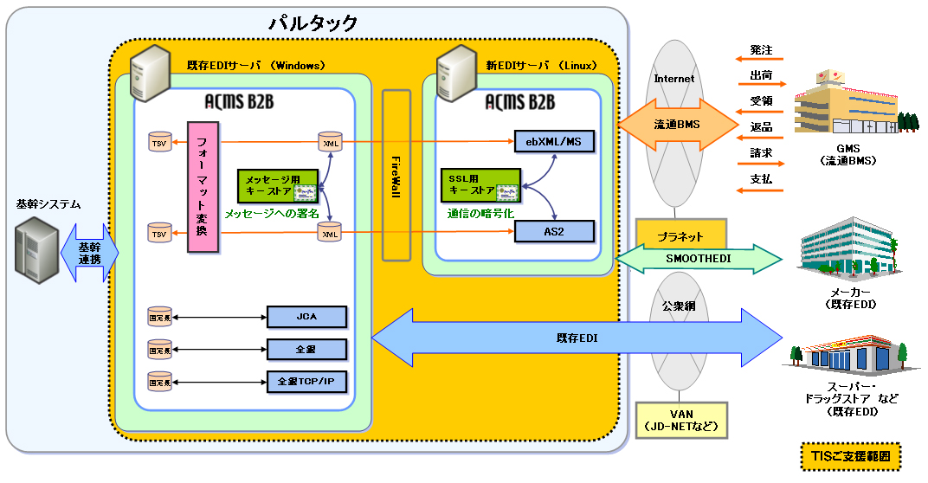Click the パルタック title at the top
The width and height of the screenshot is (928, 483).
[313, 23]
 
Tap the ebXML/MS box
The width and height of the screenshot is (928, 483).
[554, 142]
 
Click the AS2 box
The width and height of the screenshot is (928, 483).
[554, 230]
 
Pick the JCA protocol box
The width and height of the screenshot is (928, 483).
[306, 317]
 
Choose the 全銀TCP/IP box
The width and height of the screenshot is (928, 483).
[306, 381]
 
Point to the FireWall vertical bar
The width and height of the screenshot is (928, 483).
[396, 174]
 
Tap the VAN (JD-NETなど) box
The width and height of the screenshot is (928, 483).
[680, 419]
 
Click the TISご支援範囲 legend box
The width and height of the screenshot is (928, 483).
[851, 456]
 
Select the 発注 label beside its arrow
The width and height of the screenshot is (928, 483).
[761, 51]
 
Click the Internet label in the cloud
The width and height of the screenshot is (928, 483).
[673, 79]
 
